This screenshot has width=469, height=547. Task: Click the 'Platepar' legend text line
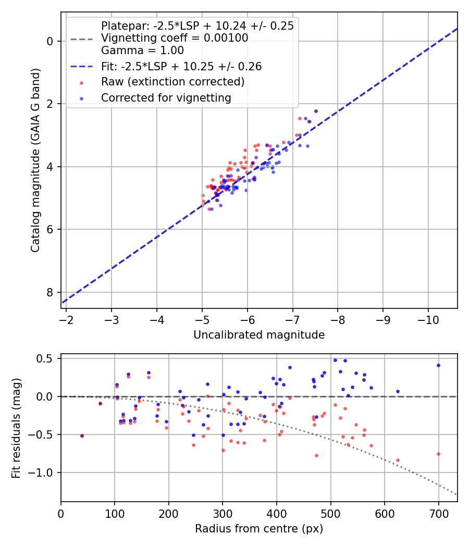pos(197,26)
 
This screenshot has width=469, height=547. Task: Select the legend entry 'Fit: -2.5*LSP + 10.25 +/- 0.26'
pos(181,67)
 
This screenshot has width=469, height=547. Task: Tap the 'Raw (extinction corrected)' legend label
pos(172,82)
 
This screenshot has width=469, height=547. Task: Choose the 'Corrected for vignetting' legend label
pos(166,97)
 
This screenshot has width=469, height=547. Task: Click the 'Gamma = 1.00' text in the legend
pos(142,51)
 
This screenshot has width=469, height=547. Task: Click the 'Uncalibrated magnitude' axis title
pos(259,335)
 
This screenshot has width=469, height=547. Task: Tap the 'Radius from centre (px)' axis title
pos(259,529)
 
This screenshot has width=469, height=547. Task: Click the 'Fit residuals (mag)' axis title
pos(16,428)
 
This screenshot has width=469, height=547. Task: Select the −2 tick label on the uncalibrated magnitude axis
pos(66,319)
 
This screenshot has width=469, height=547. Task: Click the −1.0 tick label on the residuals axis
pos(44,473)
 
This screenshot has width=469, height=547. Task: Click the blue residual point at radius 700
pos(438,365)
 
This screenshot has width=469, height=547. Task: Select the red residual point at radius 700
pos(438,454)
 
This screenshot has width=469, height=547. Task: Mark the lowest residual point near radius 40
pos(82,436)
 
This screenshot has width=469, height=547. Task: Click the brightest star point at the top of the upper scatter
pos(316,111)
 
